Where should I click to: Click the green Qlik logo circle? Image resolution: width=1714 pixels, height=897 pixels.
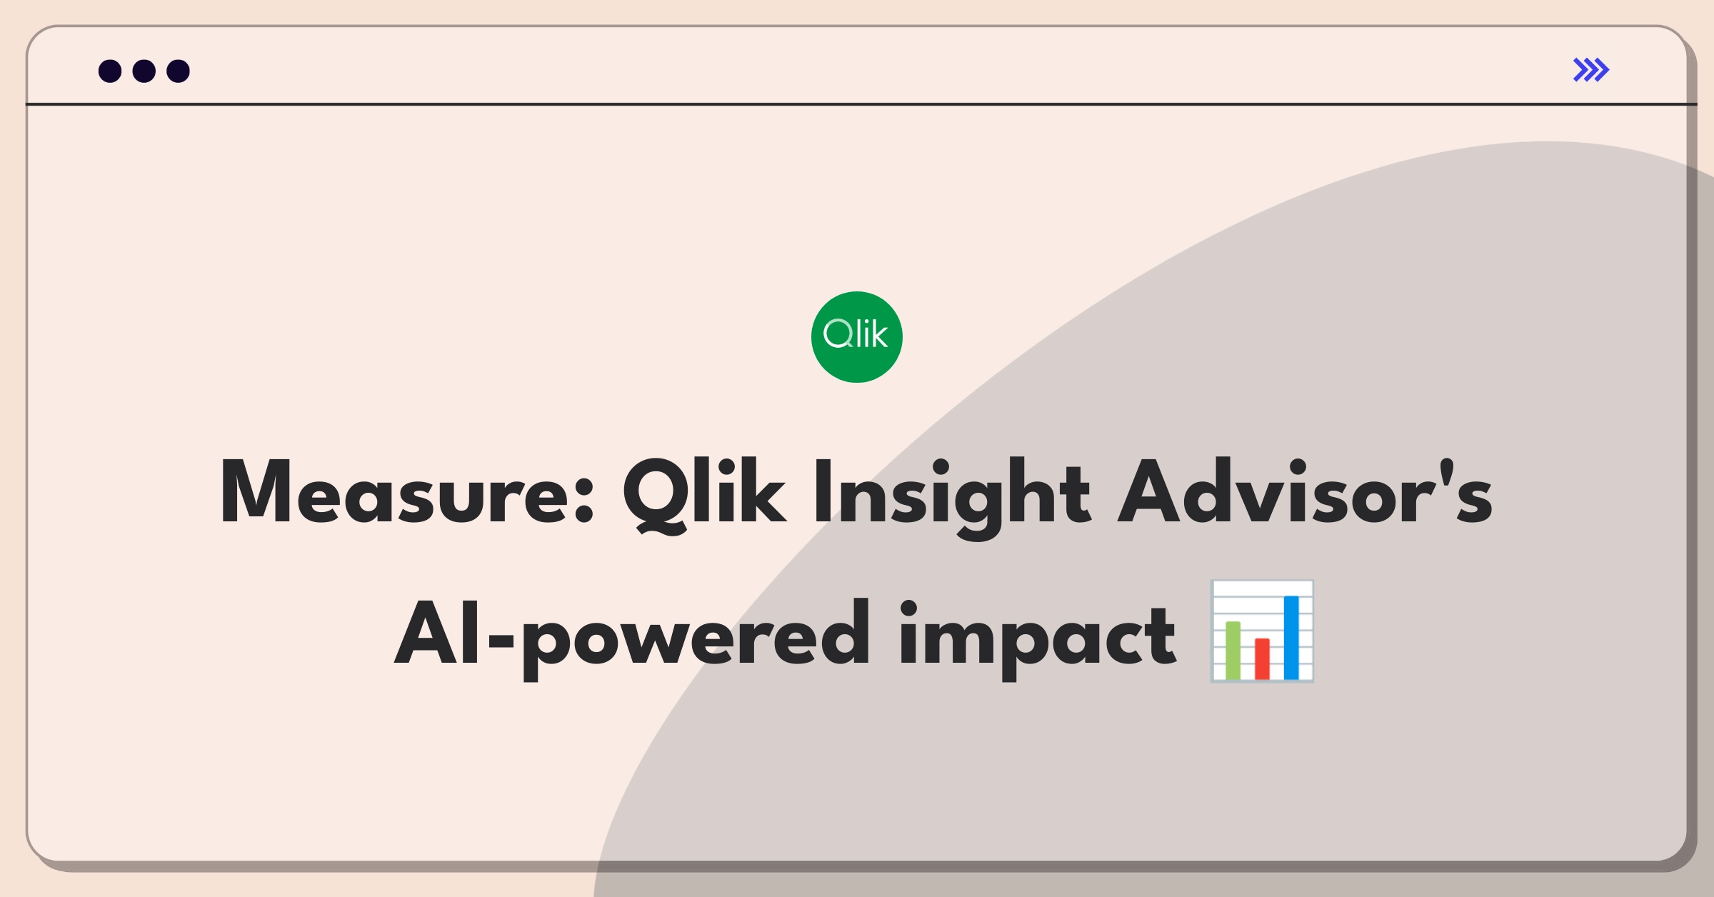(x=857, y=337)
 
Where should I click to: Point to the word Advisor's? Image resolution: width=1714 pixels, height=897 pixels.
(x=1305, y=492)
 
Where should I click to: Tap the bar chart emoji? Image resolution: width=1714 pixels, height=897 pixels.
(x=1262, y=631)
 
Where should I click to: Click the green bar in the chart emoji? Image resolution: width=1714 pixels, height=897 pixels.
(x=1233, y=650)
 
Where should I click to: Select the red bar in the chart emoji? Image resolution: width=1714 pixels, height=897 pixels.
(x=1262, y=658)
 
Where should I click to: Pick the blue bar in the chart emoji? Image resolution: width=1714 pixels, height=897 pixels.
(x=1291, y=638)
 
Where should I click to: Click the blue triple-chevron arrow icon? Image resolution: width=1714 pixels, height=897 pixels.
(x=1591, y=70)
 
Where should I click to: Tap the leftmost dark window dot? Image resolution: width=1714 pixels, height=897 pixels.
(x=110, y=71)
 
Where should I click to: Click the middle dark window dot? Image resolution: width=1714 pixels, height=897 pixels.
(x=144, y=71)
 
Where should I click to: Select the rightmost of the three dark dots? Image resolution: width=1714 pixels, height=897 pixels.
(x=179, y=71)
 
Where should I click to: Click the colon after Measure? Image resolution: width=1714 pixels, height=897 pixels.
(x=584, y=500)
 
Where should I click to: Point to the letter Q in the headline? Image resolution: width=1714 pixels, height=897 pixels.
(x=654, y=496)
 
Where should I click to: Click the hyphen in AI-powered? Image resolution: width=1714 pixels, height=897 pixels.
(x=501, y=639)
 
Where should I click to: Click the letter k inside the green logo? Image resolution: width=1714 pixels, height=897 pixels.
(x=880, y=334)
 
